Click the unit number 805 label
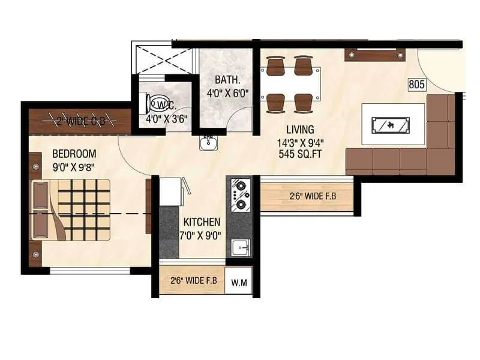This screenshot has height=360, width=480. [x=417, y=85]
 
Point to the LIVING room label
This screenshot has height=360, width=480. [x=300, y=129]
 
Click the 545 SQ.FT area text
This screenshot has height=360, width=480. [x=300, y=153]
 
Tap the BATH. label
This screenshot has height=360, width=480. [x=227, y=80]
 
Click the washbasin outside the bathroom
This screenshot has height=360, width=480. [x=208, y=142]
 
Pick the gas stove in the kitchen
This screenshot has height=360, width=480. [x=241, y=196]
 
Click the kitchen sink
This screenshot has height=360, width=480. [x=241, y=247]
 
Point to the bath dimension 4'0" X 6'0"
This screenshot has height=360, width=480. [x=227, y=94]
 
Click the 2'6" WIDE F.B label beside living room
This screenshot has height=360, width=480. [x=308, y=196]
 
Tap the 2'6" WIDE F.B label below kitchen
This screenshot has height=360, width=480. [x=193, y=280]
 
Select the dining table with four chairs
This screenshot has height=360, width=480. [x=289, y=84]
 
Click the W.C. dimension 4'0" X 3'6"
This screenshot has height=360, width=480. [x=167, y=118]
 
